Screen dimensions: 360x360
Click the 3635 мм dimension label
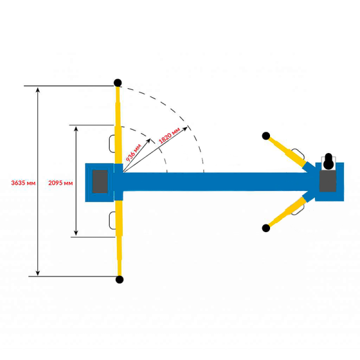click(x=23, y=183)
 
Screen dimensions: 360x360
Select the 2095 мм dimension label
click(x=61, y=183)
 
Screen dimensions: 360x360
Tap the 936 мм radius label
click(x=133, y=152)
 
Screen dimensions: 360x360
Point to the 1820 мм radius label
click(x=169, y=136)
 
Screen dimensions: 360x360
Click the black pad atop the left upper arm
click(x=118, y=82)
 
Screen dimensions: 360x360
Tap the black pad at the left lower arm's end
click(x=119, y=280)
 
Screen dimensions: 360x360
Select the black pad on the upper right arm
click(x=266, y=136)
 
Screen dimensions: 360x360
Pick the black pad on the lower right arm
click(x=266, y=228)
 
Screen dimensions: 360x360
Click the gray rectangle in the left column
click(x=100, y=182)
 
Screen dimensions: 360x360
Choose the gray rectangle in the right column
click(x=328, y=181)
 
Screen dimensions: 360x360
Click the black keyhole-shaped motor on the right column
click(x=329, y=161)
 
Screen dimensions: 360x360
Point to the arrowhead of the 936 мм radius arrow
click(x=149, y=140)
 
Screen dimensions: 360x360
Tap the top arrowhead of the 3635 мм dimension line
click(x=38, y=89)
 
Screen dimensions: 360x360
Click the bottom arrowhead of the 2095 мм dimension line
click(x=76, y=233)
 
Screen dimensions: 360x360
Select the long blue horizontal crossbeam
click(x=216, y=182)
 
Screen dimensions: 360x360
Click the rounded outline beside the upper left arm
click(x=112, y=144)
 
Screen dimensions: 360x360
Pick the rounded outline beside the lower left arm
click(x=112, y=220)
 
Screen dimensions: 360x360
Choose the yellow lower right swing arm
click(x=287, y=212)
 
